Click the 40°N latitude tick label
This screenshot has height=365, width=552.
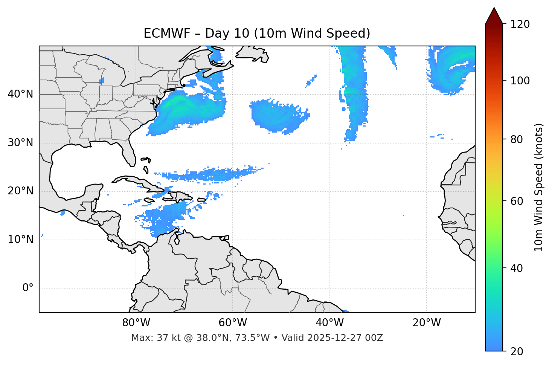tap(20, 94)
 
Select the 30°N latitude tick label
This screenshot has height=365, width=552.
tap(20, 143)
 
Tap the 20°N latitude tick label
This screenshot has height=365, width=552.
tap(20, 191)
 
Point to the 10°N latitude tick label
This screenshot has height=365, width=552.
tap(20, 240)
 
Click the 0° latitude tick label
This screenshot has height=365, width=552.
tap(28, 288)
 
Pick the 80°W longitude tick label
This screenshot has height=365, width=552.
tap(136, 323)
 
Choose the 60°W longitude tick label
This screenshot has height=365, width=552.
tap(233, 323)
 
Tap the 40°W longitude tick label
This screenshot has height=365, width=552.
tap(329, 323)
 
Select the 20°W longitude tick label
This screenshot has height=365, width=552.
tap(426, 323)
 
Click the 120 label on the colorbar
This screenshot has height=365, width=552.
tap(520, 24)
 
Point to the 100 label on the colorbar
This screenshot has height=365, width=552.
tap(520, 81)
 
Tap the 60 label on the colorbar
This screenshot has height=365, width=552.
tap(517, 201)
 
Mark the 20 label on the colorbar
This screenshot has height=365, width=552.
tap(517, 351)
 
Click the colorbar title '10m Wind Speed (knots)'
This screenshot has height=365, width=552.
tap(539, 187)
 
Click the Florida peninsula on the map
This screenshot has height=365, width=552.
tap(129, 153)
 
